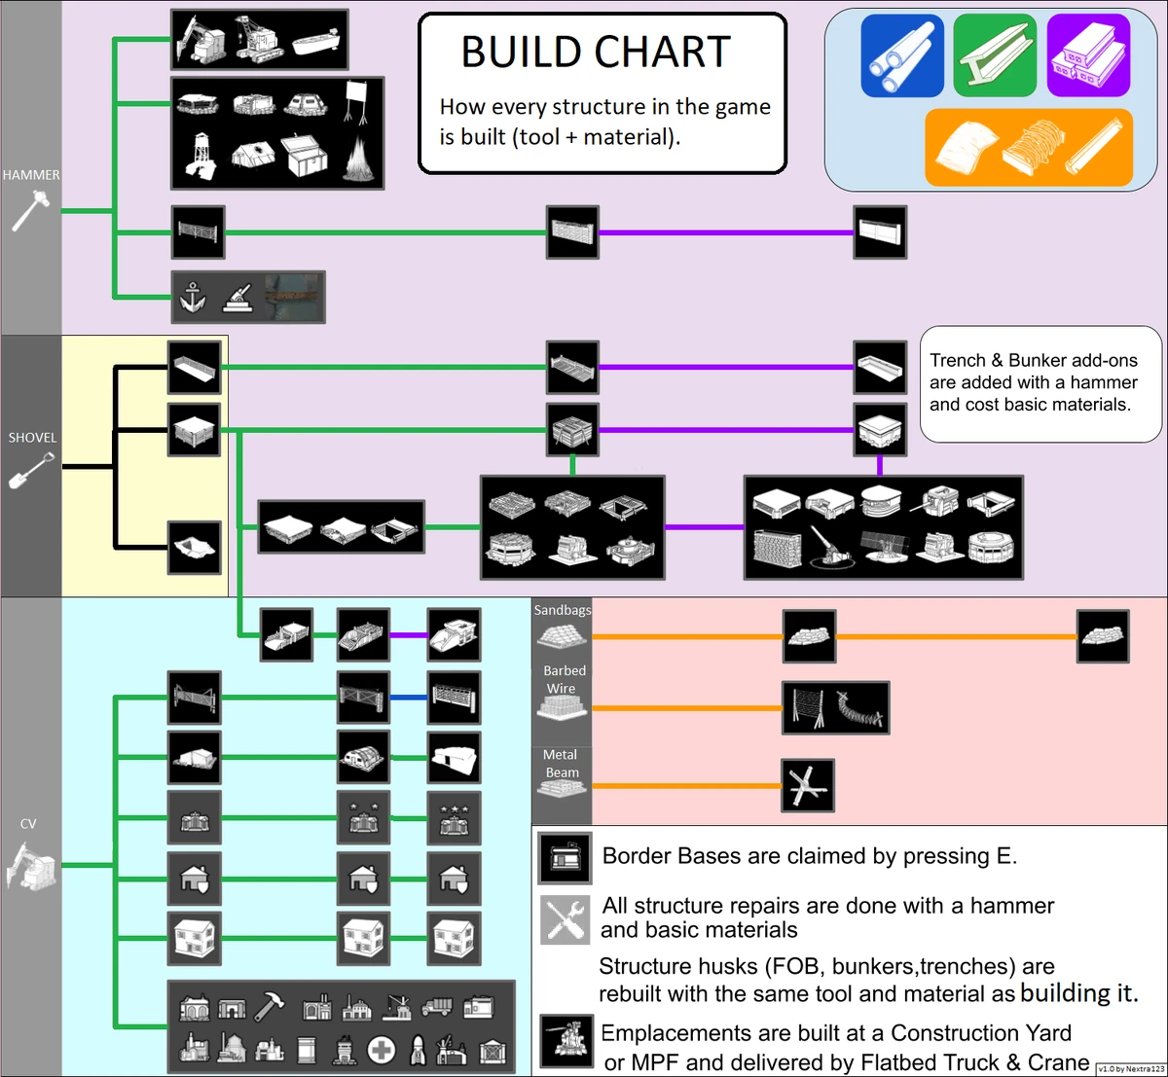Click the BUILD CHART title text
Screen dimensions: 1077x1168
click(x=596, y=52)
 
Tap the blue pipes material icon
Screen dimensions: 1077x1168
click(x=902, y=55)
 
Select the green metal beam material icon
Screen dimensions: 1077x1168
click(x=995, y=55)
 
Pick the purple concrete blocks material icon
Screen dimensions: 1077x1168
click(x=1088, y=55)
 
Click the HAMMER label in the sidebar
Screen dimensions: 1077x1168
click(x=31, y=175)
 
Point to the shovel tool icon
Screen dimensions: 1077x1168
click(x=31, y=471)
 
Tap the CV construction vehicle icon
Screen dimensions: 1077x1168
click(x=31, y=865)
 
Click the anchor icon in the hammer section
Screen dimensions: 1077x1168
click(x=193, y=297)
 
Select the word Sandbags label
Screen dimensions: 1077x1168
click(x=562, y=610)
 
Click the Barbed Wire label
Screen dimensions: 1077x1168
click(x=564, y=679)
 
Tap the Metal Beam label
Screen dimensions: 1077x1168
click(x=562, y=763)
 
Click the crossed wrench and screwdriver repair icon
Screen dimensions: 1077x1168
click(x=566, y=919)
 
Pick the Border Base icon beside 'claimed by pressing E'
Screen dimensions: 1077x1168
click(x=566, y=857)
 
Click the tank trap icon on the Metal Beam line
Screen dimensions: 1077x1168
click(x=808, y=786)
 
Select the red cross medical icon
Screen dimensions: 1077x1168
click(x=382, y=1050)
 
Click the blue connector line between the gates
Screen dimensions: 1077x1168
click(x=408, y=698)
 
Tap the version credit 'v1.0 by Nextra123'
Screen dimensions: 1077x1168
click(x=1130, y=1068)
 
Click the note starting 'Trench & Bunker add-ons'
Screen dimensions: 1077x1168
click(x=1040, y=383)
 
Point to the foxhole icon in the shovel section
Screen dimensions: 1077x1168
click(x=194, y=548)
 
